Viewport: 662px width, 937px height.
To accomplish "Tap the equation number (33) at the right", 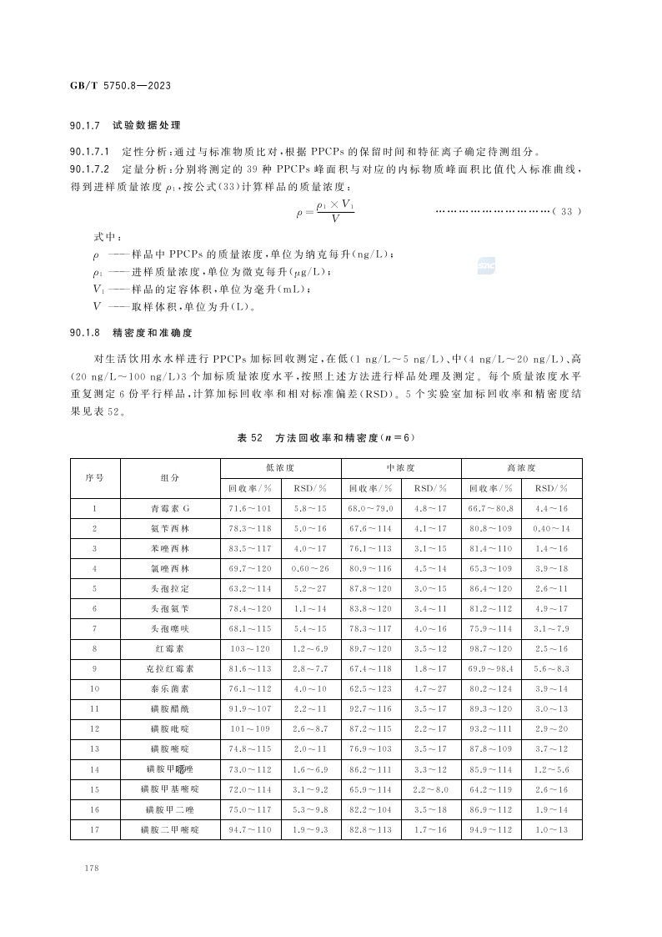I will (566, 211).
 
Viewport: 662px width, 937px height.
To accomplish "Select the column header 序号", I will (94, 478).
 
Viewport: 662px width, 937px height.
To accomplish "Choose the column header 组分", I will (170, 478).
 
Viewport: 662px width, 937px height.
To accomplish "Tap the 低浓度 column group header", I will (278, 468).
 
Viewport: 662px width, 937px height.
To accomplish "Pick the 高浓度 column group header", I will (520, 468).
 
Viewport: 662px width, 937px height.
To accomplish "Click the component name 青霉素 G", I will (170, 508).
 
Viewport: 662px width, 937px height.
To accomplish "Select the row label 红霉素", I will (170, 647).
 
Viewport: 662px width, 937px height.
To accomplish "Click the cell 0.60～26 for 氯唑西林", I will (310, 568).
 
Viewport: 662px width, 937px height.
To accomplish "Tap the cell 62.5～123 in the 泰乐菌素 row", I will (370, 688).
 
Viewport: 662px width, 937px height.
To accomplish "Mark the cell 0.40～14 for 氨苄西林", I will (551, 528).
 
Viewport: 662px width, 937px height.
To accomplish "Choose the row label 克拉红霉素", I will (170, 668).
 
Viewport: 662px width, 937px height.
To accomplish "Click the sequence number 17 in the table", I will (94, 829).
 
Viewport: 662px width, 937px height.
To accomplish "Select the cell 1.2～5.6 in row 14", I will (551, 768).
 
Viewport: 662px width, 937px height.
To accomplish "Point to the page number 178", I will (92, 869).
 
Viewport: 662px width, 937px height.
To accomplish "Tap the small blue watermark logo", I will (487, 266).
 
